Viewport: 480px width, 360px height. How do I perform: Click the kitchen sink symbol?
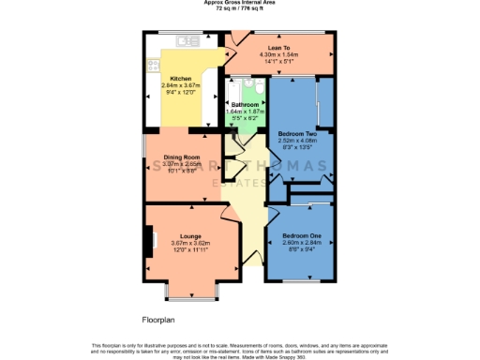[184, 41]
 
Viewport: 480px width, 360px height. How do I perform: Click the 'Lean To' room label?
[278, 46]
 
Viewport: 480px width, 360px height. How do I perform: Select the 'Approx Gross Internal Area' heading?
[240, 3]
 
